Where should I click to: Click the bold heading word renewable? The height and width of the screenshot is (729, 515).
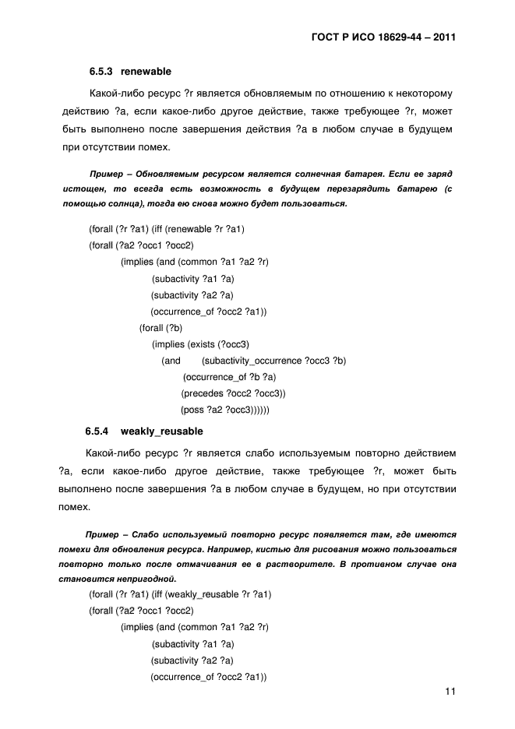point(146,71)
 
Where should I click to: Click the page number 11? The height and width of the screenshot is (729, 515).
point(450,692)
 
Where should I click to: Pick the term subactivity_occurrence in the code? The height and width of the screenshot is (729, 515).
point(251,361)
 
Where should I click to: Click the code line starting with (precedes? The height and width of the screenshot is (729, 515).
point(234,393)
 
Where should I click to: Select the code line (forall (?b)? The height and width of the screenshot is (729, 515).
point(160,328)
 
